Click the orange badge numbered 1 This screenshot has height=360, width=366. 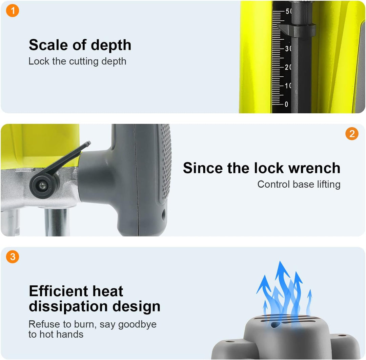(x=13, y=11)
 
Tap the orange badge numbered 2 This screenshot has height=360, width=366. (x=352, y=134)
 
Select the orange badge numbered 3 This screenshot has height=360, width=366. (x=13, y=257)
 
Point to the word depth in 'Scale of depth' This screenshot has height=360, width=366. (x=111, y=45)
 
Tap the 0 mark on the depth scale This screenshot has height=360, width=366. (x=286, y=104)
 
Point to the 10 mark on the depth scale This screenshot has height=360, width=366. (x=288, y=86)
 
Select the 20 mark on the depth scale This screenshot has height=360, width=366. (x=288, y=67)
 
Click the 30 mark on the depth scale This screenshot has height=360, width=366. (x=288, y=49)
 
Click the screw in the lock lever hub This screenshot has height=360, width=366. (x=43, y=186)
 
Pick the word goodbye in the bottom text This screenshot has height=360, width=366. (x=137, y=325)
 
